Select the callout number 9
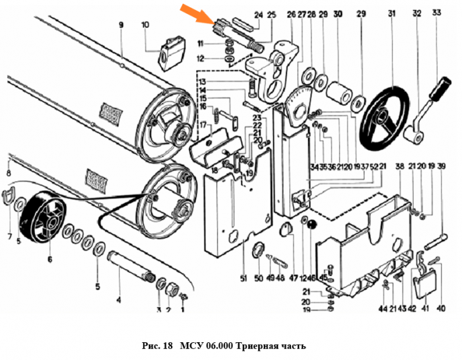[121, 25]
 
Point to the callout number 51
[244, 279]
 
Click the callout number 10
[145, 25]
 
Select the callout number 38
[399, 166]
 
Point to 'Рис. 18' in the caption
[157, 346]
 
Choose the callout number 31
[391, 13]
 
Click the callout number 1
[183, 309]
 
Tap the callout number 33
[436, 13]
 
